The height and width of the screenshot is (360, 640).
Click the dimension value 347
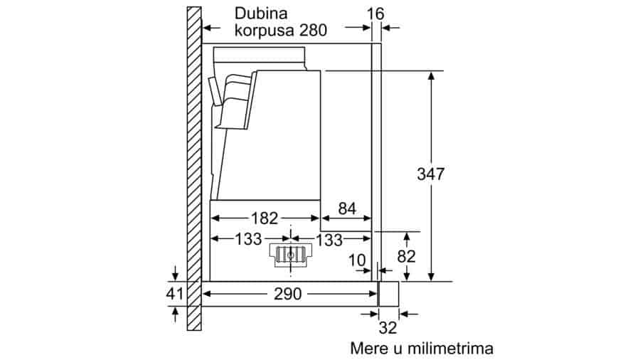430,174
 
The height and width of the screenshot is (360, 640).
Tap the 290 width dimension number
288,294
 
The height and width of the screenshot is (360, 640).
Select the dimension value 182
265,218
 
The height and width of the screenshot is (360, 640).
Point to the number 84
347,208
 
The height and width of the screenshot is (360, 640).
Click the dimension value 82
406,256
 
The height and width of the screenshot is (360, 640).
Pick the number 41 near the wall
175,293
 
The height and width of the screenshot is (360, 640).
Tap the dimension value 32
388,327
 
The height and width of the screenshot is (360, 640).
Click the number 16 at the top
375,14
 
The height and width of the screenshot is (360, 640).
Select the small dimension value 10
357,260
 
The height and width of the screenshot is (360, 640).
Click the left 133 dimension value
248,239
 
